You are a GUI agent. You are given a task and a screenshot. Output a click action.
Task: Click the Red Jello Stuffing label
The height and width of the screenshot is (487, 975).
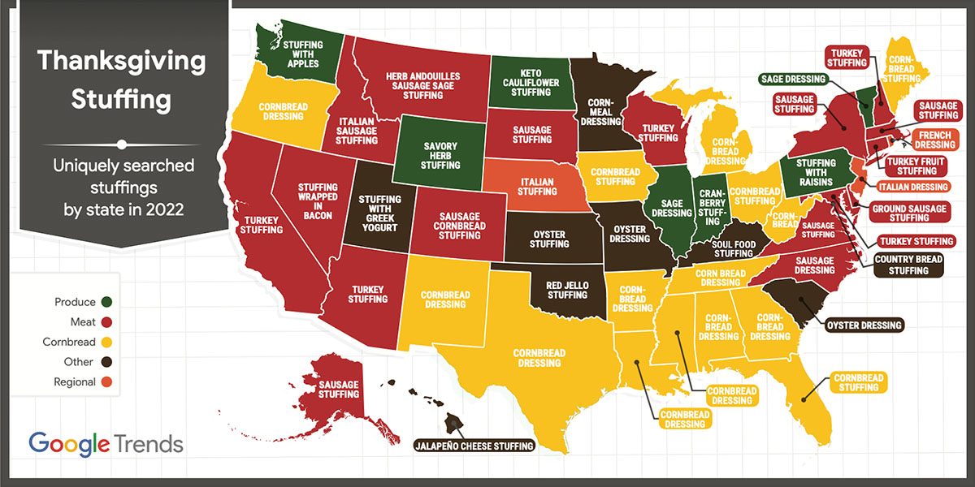point(566,290)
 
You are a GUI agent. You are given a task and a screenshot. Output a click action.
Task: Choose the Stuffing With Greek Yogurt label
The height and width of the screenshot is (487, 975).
point(379,213)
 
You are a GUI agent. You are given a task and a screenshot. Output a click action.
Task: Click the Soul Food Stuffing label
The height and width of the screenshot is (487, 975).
point(734,248)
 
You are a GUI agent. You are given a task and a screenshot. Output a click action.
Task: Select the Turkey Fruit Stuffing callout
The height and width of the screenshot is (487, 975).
point(917,166)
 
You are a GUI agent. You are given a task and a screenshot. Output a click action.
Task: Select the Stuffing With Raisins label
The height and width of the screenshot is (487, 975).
point(815,171)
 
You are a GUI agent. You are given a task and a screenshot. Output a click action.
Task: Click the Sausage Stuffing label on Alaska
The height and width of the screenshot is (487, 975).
point(339,389)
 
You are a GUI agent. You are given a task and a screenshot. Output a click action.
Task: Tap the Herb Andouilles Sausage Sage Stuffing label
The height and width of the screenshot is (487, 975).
point(422,85)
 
